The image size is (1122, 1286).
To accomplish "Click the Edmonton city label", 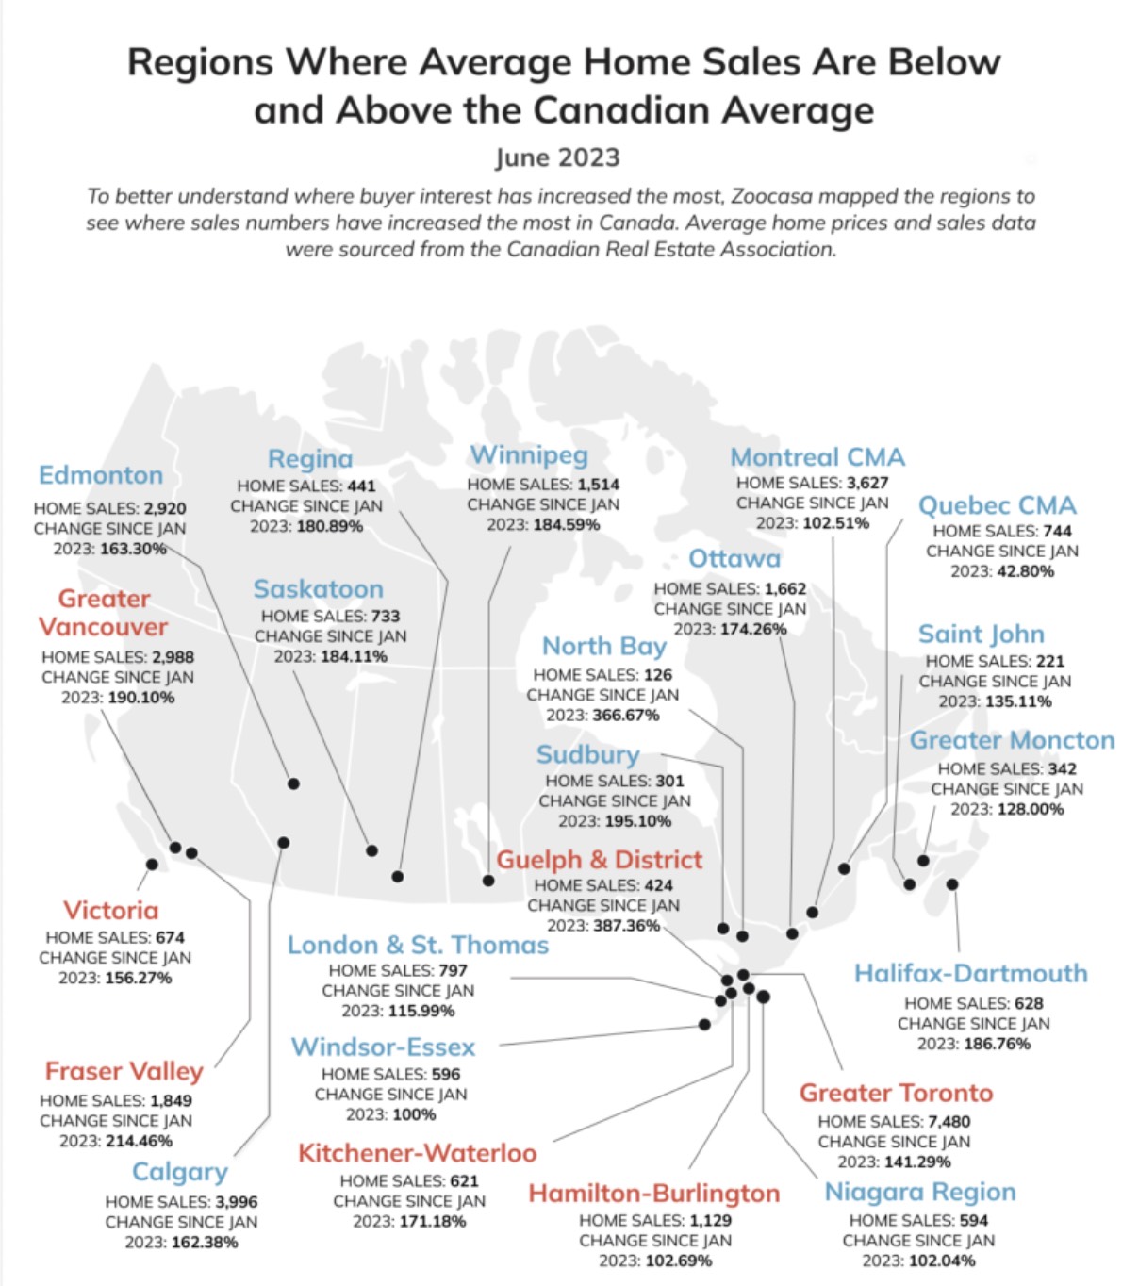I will click(x=101, y=475).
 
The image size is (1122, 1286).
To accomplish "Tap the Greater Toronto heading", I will click(x=896, y=1093).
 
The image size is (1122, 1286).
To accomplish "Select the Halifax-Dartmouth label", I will click(x=970, y=973).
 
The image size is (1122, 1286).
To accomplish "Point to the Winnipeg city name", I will click(x=529, y=455).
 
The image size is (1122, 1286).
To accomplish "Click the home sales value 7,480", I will click(x=949, y=1121).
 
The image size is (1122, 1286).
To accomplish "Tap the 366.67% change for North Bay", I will click(x=625, y=715).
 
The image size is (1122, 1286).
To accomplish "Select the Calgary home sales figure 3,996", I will click(x=236, y=1202).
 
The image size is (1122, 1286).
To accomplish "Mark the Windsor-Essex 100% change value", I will click(x=414, y=1114).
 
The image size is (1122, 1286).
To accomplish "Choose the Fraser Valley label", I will click(x=124, y=1071).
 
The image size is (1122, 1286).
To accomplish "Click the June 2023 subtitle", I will click(x=558, y=157).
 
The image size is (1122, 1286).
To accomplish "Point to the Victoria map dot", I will click(x=152, y=864).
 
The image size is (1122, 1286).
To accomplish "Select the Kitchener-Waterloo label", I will click(x=417, y=1153).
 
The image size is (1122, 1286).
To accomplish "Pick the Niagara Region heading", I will click(x=920, y=1192).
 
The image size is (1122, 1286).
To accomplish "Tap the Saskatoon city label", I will click(x=318, y=589).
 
